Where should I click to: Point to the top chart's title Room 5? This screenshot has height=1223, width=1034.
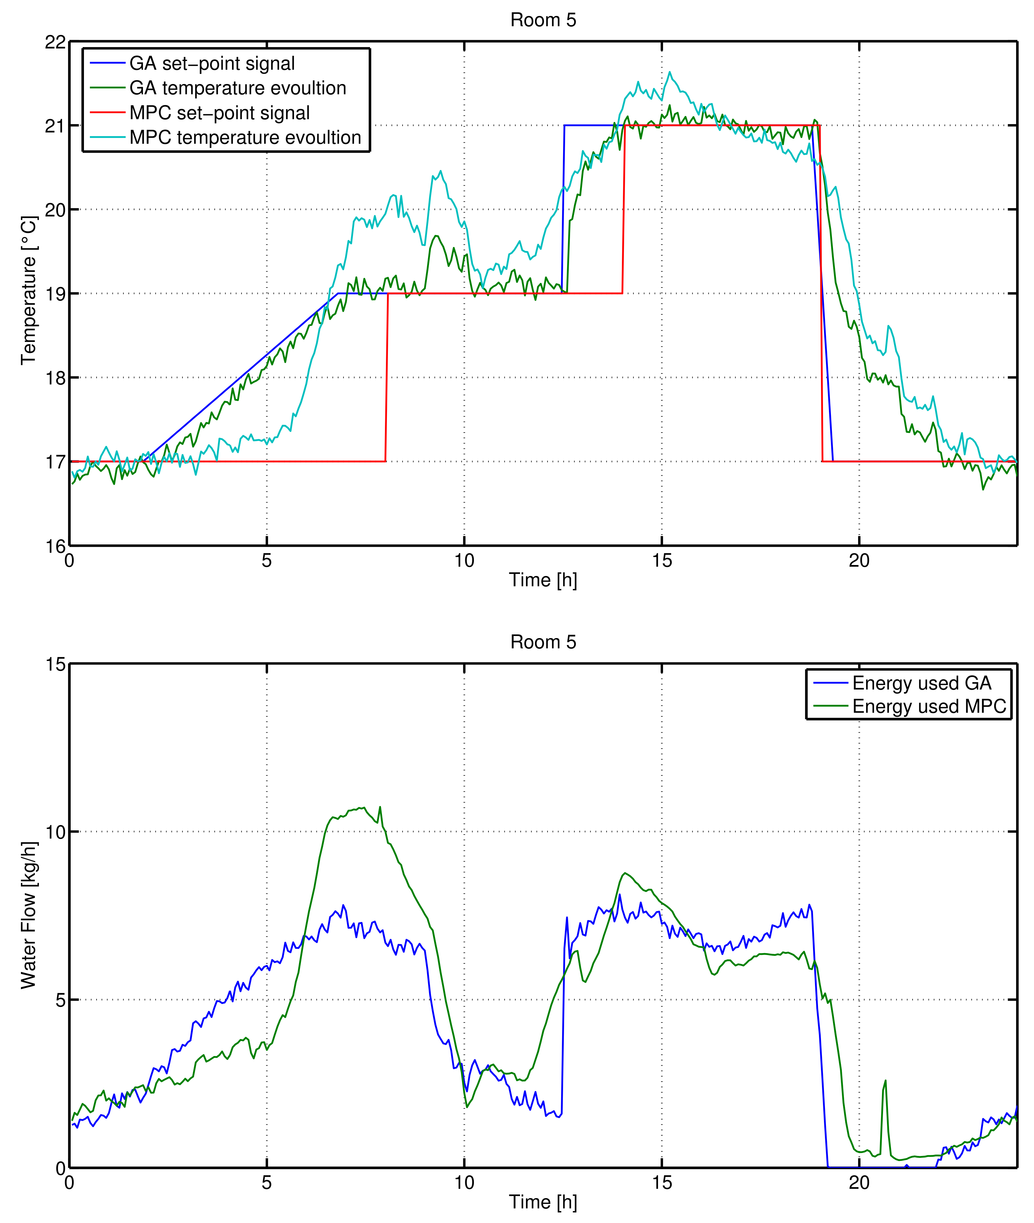543,20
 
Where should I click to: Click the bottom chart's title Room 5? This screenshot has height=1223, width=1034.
543,642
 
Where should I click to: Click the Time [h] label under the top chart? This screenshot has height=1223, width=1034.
543,580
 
